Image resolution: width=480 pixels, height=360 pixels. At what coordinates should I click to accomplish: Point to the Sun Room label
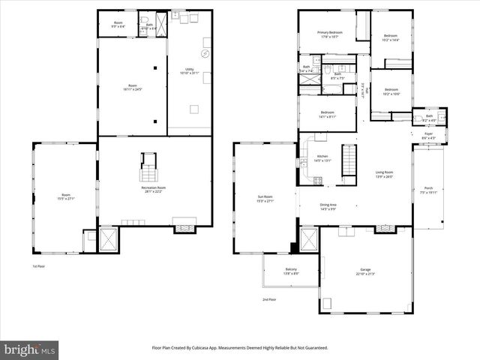pos(265,198)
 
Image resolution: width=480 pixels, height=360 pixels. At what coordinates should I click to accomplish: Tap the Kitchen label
pos(322,137)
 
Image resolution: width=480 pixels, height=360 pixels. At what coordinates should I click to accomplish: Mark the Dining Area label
pos(328,206)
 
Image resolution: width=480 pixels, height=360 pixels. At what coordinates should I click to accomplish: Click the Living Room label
pos(384,174)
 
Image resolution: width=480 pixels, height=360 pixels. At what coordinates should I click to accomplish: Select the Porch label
pos(428,189)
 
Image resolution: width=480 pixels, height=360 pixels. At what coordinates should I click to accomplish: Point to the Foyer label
pos(428,136)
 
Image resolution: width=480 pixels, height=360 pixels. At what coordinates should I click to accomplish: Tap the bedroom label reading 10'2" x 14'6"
pos(391,37)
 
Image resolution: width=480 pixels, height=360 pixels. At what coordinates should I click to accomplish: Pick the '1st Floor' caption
pos(38,266)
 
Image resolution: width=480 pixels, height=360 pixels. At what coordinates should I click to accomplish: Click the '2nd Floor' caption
pos(269,300)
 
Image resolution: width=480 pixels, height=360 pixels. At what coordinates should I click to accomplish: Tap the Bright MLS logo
pos(30,349)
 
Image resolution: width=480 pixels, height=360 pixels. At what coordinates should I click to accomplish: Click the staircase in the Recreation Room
pos(148,169)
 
